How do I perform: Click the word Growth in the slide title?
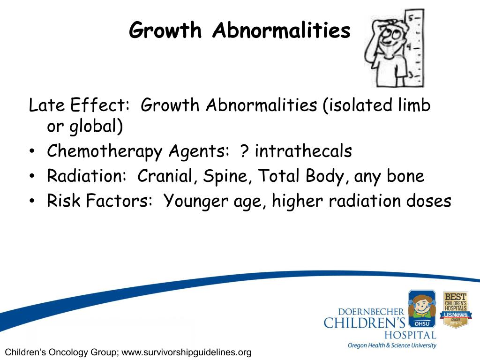pos(165,31)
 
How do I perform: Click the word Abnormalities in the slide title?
pos(281,31)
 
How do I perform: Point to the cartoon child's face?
pos(389,35)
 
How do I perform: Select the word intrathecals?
pos(303,151)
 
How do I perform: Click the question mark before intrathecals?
pos(244,151)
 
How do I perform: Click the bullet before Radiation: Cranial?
pos(31,177)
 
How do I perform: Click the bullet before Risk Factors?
pos(31,202)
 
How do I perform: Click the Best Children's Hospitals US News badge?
pos(455,309)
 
